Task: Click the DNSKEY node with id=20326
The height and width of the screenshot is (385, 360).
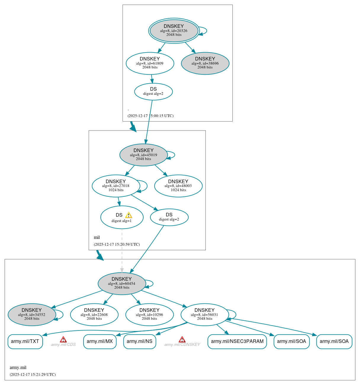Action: [x=174, y=31]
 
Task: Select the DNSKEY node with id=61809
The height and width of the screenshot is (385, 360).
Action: [x=150, y=63]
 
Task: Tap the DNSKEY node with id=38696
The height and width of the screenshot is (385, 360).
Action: [x=205, y=63]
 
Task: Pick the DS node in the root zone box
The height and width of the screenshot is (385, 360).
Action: [x=153, y=92]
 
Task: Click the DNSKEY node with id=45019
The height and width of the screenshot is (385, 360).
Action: [x=144, y=155]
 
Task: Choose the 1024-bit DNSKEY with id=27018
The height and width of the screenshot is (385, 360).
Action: [x=116, y=186]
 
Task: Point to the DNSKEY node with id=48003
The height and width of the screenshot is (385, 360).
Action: [x=178, y=186]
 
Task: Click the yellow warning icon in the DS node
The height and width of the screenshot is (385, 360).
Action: [x=128, y=215]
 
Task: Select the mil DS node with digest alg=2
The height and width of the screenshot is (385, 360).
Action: [x=169, y=217]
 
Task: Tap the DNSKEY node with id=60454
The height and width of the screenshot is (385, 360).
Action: [x=122, y=284]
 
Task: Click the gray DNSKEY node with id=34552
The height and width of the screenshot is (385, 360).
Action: [x=32, y=315]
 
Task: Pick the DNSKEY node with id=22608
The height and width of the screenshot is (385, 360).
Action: [x=94, y=315]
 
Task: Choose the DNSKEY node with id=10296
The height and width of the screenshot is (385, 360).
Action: [x=150, y=315]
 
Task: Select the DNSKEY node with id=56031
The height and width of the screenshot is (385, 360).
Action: [x=205, y=315]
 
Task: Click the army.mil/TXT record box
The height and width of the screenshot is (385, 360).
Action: [x=25, y=341]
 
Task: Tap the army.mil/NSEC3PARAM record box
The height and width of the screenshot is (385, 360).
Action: [x=237, y=341]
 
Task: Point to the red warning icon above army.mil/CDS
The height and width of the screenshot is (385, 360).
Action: [x=63, y=339]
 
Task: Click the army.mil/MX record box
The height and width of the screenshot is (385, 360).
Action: [x=100, y=341]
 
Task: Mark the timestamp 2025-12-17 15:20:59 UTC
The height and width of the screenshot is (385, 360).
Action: [x=117, y=245]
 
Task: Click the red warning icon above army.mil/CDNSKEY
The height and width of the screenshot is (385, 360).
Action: [x=182, y=339]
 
